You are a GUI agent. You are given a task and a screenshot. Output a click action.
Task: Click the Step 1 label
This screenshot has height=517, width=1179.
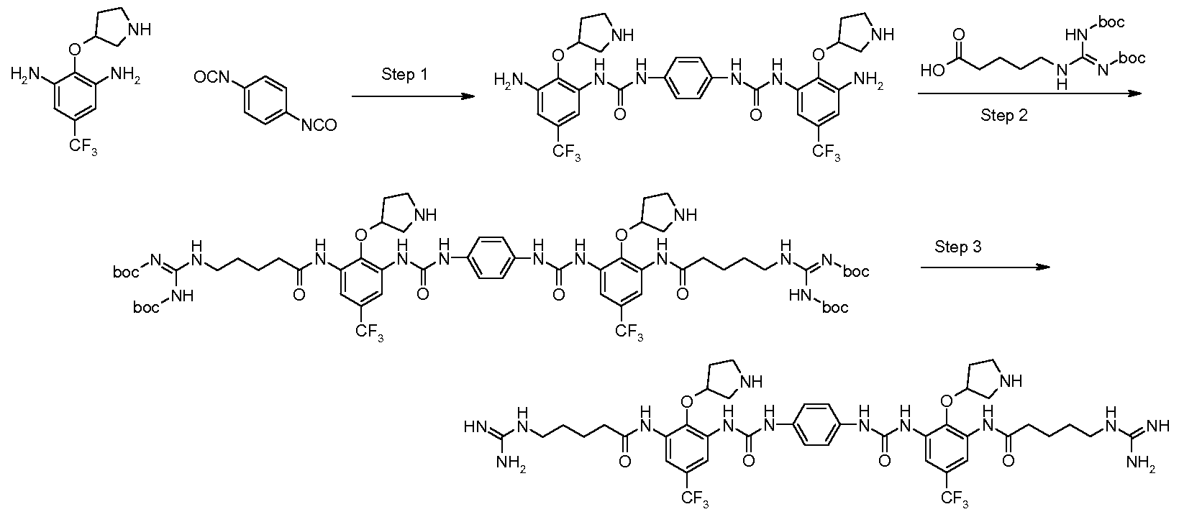pyautogui.click(x=404, y=76)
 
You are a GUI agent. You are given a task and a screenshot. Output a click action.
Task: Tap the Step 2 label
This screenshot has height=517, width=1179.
pyautogui.click(x=1003, y=115)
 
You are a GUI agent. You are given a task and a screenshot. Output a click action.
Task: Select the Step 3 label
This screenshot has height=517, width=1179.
pyautogui.click(x=958, y=247)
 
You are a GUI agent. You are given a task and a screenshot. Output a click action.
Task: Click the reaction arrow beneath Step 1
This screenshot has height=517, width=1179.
pyautogui.click(x=413, y=96)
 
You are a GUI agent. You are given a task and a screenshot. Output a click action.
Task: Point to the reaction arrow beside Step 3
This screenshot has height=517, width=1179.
pyautogui.click(x=985, y=267)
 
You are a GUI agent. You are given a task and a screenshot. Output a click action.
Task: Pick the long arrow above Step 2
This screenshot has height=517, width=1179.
pyautogui.click(x=1029, y=93)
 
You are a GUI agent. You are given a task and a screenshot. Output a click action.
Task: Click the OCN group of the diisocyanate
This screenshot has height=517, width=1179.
pyautogui.click(x=211, y=78)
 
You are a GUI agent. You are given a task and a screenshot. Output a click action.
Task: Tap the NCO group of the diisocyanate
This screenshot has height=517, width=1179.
pyautogui.click(x=319, y=125)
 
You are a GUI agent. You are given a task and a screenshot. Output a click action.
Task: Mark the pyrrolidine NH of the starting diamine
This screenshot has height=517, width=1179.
pyautogui.click(x=140, y=29)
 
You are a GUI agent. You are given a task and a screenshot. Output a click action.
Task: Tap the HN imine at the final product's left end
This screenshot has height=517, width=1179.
pyautogui.click(x=474, y=426)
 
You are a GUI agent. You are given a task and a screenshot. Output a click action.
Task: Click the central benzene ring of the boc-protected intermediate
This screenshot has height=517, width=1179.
pyautogui.click(x=489, y=257)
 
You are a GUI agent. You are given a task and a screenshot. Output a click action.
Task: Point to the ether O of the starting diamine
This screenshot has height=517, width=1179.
pyautogui.click(x=76, y=50)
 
